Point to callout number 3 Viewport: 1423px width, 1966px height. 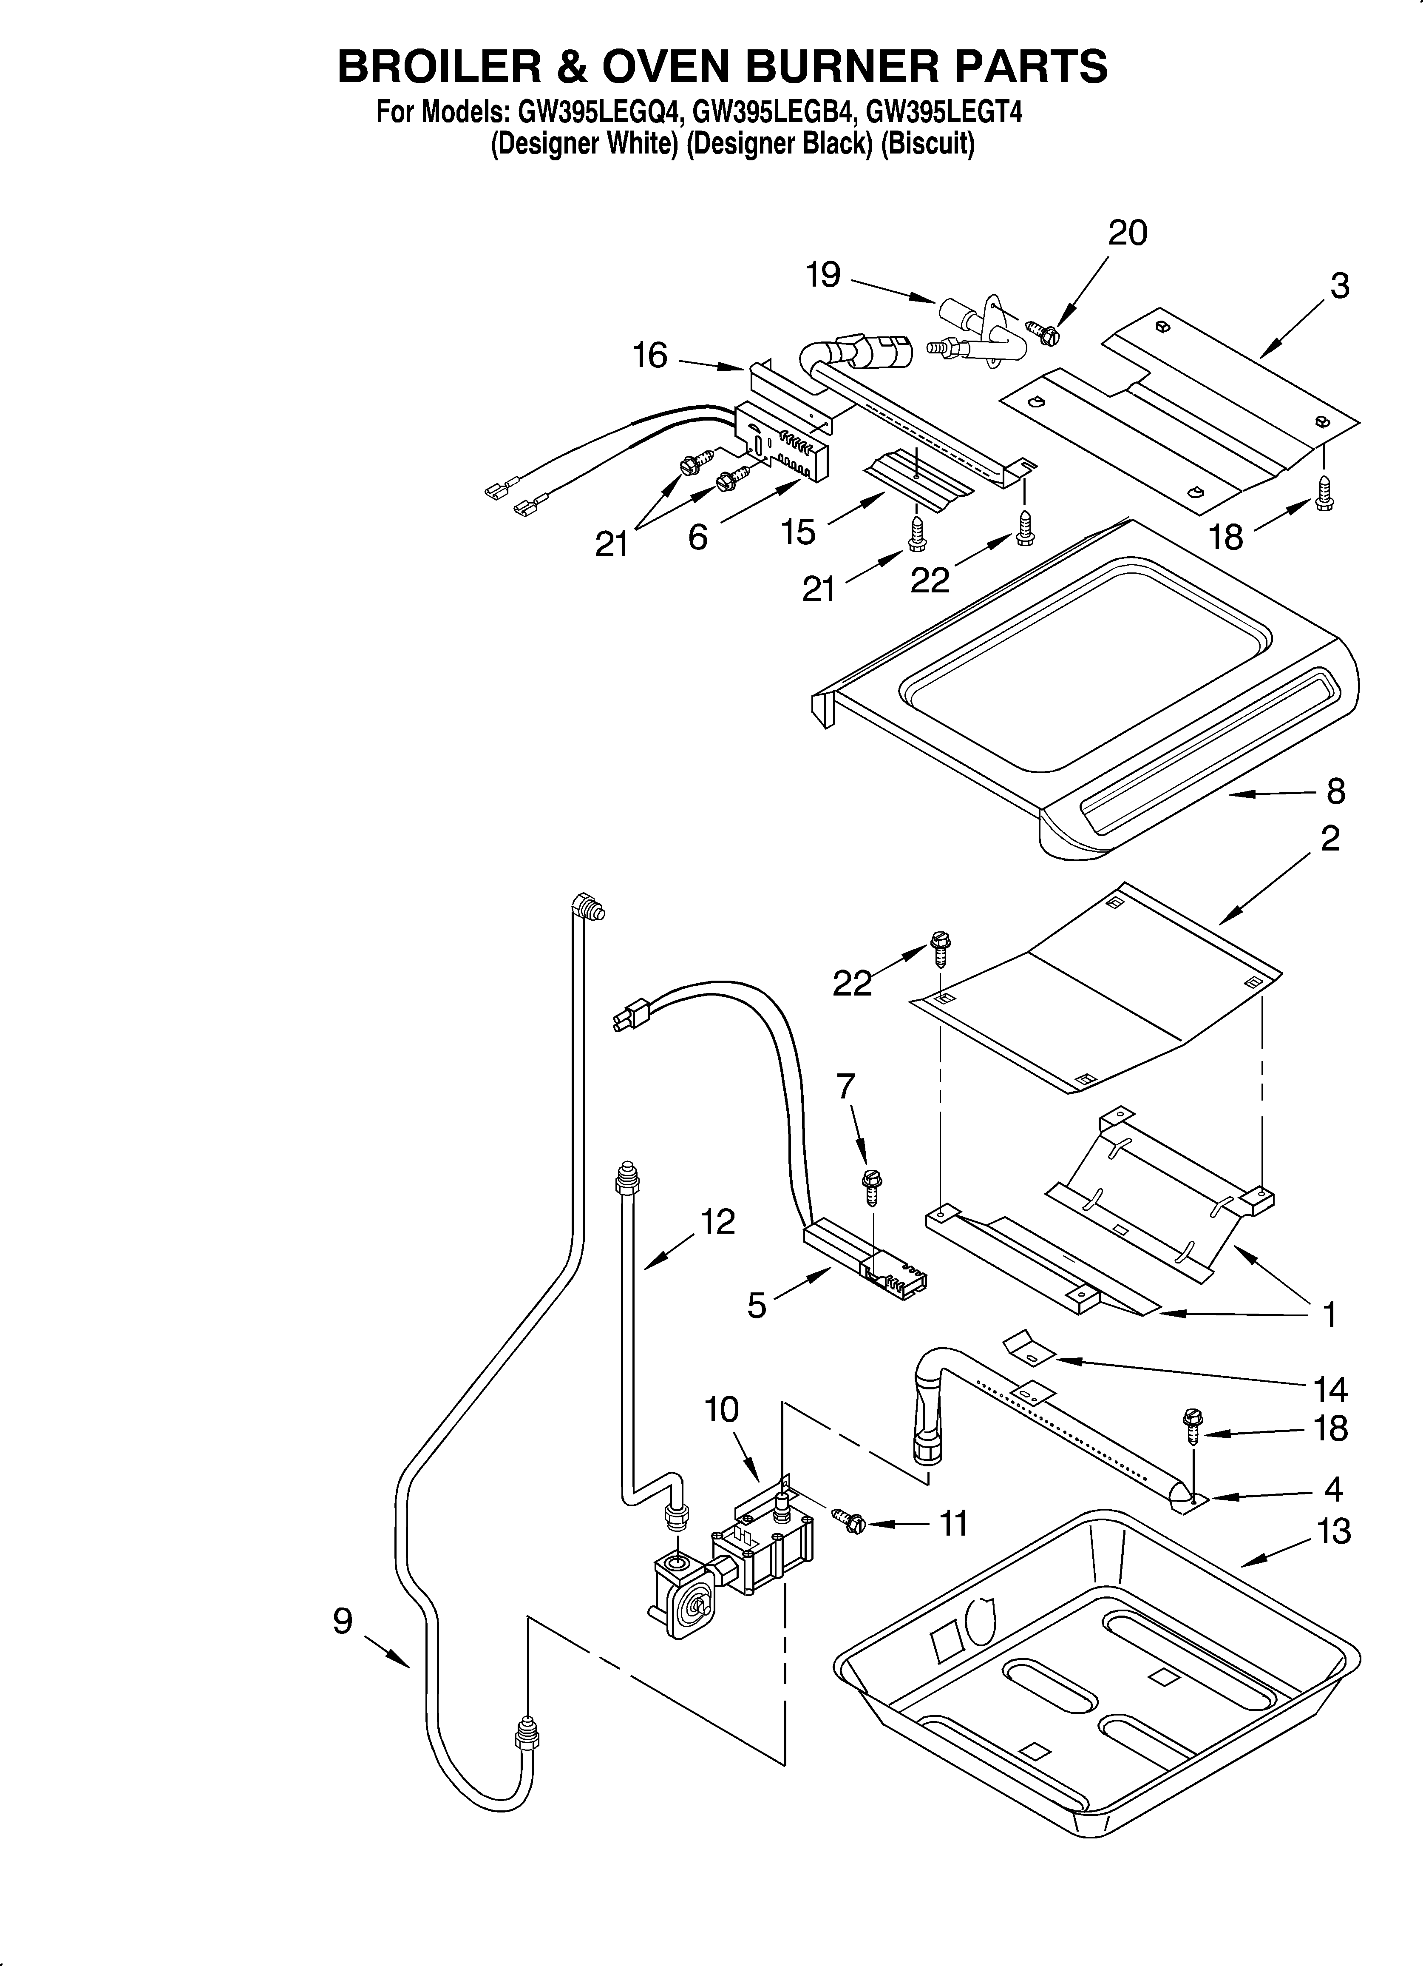(1339, 286)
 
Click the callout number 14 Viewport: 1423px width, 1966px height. (1330, 1389)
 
